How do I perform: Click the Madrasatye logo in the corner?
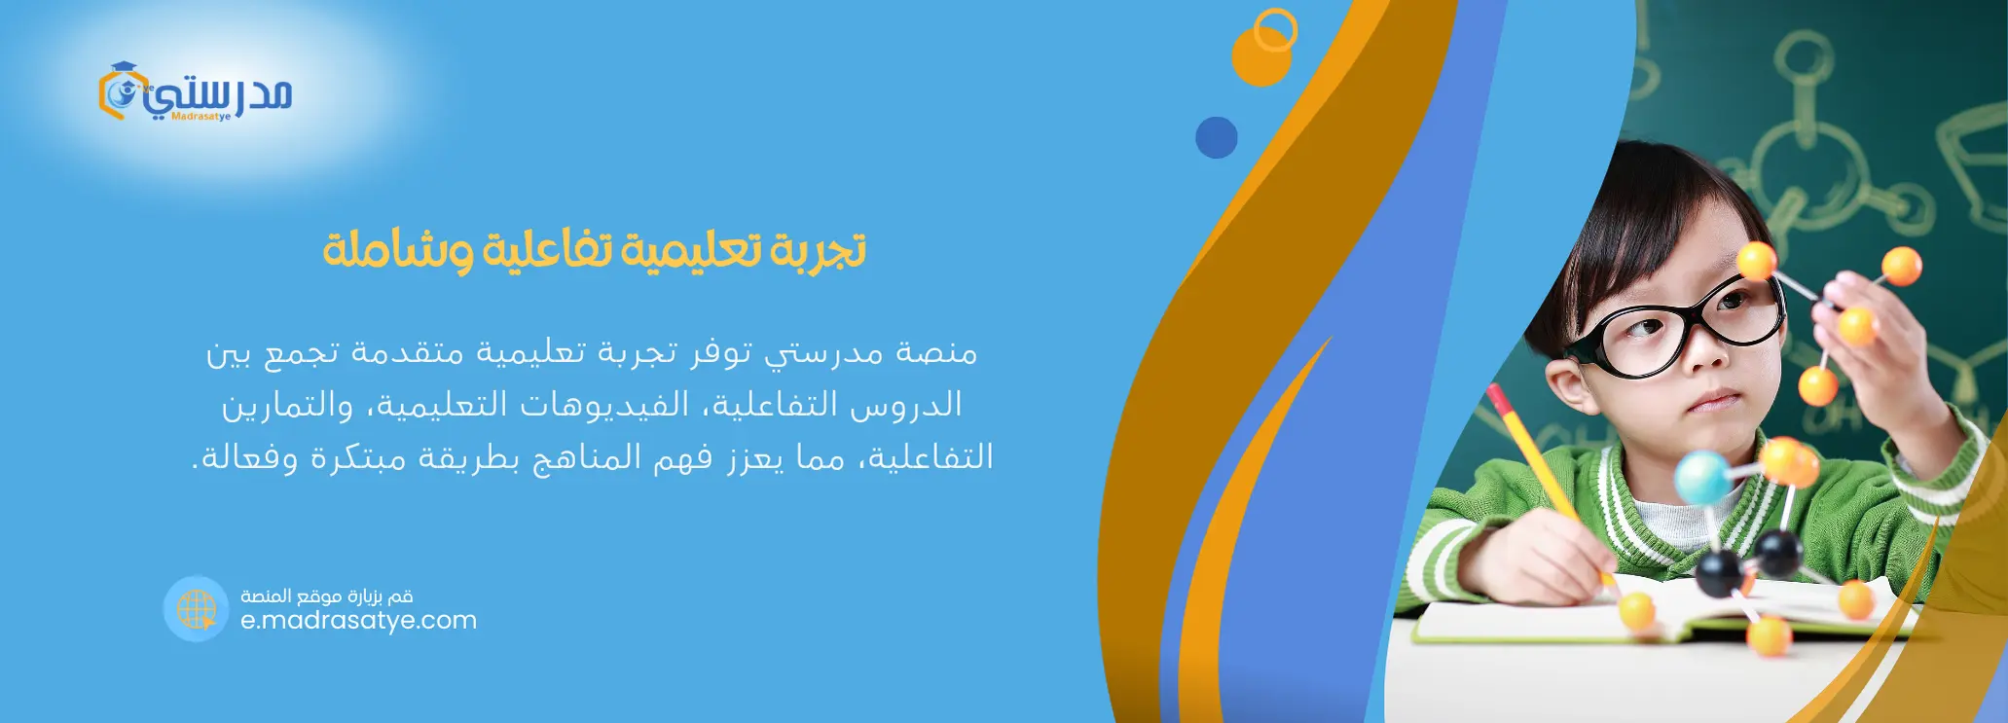[195, 91]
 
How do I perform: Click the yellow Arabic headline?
[594, 250]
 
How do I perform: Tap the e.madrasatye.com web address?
[358, 621]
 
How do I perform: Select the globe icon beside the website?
[196, 608]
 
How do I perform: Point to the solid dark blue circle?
[1216, 137]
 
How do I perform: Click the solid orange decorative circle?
[1261, 56]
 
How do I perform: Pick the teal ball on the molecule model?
[1702, 477]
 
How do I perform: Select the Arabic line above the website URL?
[327, 596]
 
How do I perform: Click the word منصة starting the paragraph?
[936, 351]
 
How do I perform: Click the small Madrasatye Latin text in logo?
[201, 117]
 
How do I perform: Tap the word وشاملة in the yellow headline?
[399, 250]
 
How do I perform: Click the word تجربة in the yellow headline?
[818, 250]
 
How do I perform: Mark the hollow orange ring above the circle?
[1275, 30]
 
